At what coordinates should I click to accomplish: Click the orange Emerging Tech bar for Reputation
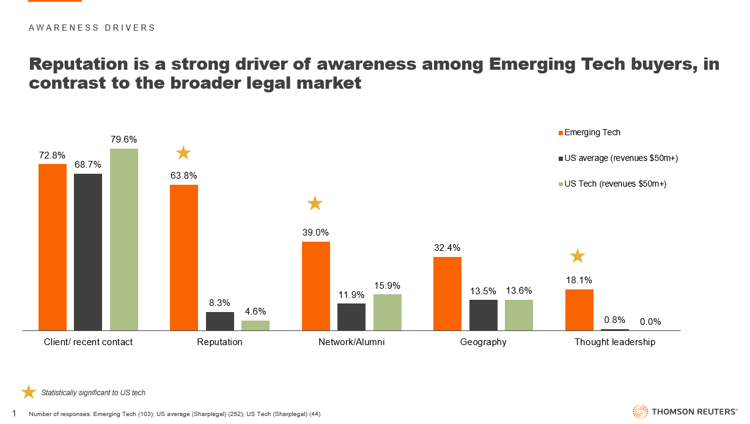point(184,257)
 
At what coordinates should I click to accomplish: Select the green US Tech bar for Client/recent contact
point(124,239)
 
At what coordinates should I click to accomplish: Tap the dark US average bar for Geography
point(483,315)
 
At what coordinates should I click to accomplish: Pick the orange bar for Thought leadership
point(579,310)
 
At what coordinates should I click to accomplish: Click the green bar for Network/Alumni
point(387,312)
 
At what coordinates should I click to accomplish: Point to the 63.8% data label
point(183,176)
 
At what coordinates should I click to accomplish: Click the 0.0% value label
point(650,322)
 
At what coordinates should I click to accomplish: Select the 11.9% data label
point(351,295)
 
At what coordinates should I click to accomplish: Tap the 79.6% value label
point(124,139)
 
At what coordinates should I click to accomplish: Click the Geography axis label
point(483,342)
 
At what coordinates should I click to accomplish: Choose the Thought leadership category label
point(614,342)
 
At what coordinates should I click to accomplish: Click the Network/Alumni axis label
point(351,342)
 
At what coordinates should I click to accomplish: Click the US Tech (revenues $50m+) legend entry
point(614,184)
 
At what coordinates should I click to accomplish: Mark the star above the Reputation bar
point(183,152)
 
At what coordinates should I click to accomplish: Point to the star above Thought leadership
point(578,255)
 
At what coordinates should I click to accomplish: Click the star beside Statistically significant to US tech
point(29,392)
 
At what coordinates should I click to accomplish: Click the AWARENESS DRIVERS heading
point(92,28)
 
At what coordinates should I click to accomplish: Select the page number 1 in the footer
point(14,414)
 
